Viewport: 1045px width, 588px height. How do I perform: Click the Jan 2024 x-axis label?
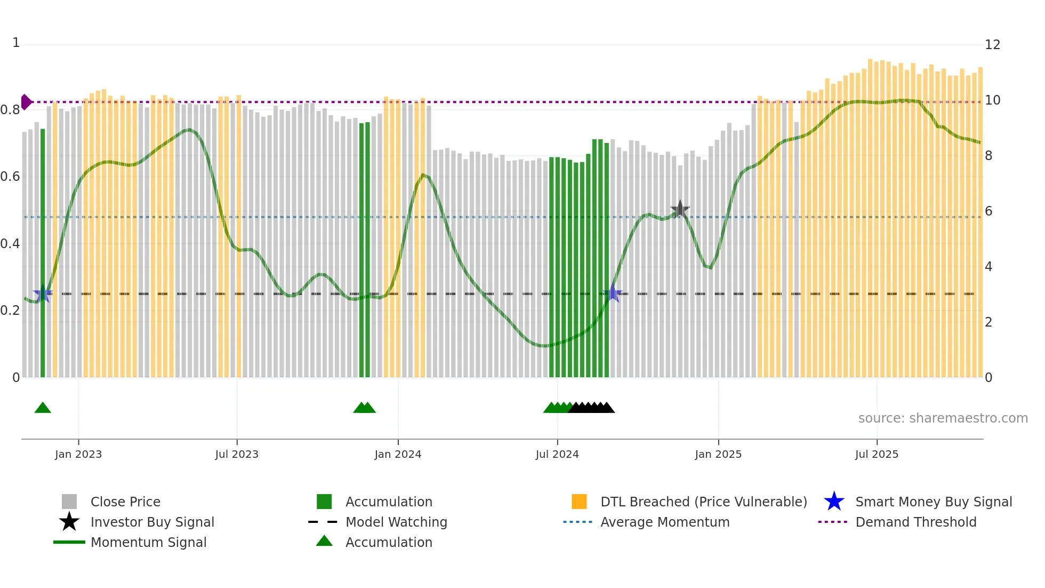coord(398,454)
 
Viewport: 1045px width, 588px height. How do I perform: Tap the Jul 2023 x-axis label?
coord(237,454)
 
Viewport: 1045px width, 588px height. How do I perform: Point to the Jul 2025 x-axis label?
coord(877,454)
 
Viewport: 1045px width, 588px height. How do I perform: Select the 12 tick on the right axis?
coord(992,45)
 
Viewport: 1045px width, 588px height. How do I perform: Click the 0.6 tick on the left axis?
coord(10,177)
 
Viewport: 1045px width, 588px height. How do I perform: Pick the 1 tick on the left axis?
coord(16,43)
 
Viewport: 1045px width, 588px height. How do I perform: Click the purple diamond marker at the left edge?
coord(26,102)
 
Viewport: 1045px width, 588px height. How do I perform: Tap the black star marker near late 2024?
coord(680,209)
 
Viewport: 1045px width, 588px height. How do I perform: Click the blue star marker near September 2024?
coord(613,293)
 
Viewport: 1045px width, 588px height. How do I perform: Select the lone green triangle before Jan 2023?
coord(43,408)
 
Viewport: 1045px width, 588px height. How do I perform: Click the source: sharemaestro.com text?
coord(943,418)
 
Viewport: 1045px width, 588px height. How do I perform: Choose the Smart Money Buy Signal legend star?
coord(834,502)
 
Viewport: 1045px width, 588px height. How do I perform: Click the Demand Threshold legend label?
coord(915,522)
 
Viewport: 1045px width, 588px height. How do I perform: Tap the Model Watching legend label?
coord(396,522)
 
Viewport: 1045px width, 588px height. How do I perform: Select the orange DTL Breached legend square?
coord(579,502)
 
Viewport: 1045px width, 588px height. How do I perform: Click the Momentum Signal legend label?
coord(148,542)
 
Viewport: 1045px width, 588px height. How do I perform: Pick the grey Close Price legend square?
coord(69,502)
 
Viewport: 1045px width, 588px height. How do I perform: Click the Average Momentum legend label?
coord(665,522)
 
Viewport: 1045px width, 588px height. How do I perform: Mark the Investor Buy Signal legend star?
coord(69,522)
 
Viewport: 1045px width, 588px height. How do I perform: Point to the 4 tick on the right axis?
coord(988,267)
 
